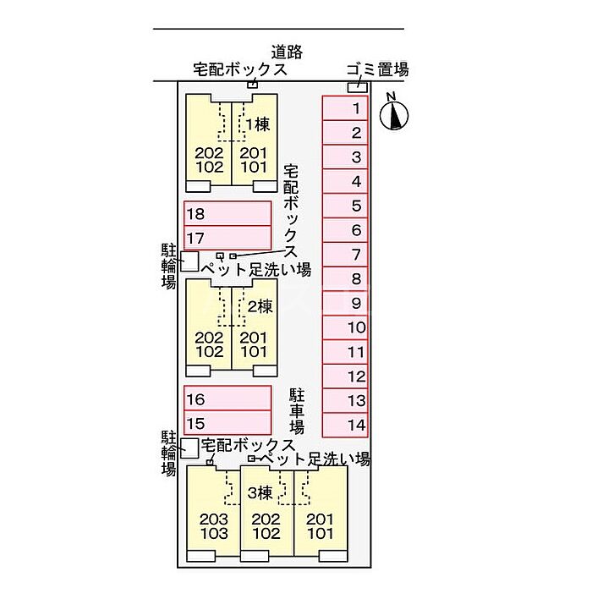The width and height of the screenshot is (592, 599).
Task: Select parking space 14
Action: tap(345, 425)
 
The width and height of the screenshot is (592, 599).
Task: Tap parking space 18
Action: tap(227, 213)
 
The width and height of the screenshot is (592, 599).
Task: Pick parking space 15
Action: tap(227, 423)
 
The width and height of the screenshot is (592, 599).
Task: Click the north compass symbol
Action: tap(394, 113)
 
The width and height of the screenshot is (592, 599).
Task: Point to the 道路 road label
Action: tap(288, 52)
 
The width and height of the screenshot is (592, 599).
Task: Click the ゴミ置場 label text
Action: tap(377, 70)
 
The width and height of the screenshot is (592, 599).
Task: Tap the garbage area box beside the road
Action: tap(358, 87)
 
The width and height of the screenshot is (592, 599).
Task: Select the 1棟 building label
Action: tap(258, 124)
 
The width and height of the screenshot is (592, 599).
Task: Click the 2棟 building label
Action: tap(260, 306)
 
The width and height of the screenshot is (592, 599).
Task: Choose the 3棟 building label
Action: tap(260, 492)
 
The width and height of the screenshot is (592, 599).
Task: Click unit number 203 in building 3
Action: tap(213, 519)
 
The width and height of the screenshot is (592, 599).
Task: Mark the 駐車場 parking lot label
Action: tap(297, 411)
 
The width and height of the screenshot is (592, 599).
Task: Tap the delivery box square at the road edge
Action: tap(252, 85)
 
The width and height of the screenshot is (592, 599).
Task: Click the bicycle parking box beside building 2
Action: tap(189, 261)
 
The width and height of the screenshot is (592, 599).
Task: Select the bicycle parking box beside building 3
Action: tap(189, 448)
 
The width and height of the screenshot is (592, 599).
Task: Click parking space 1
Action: tap(345, 108)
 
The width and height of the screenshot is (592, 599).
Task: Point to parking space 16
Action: tap(227, 398)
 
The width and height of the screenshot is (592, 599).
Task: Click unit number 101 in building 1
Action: tap(254, 167)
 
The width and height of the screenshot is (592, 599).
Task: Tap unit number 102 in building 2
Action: tap(210, 351)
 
